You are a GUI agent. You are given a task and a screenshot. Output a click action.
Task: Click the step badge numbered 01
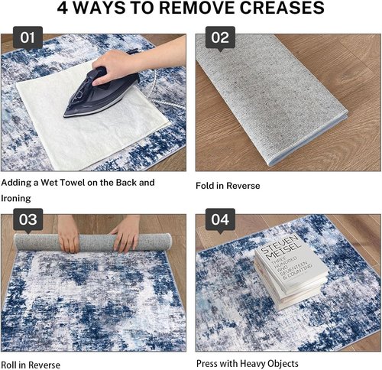28,37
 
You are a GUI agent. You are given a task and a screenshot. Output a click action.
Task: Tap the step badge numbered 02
220,37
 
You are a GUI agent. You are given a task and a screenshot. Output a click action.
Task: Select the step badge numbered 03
28,219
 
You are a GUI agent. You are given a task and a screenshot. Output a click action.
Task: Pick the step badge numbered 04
220,219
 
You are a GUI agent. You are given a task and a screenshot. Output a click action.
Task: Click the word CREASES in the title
282,8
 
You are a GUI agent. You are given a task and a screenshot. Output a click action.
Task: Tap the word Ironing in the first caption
16,199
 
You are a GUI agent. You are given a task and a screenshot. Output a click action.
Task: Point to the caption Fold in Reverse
228,186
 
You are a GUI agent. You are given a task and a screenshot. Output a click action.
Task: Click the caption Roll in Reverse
31,365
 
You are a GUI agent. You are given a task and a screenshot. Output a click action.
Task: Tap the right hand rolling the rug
127,234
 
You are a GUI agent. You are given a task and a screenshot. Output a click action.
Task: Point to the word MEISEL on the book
284,252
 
